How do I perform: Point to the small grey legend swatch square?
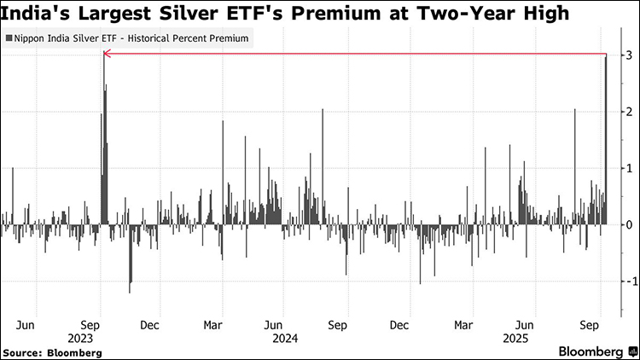click(9, 39)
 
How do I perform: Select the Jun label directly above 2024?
click(274, 324)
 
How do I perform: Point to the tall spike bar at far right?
click(606, 136)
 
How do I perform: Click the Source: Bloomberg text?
click(52, 351)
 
